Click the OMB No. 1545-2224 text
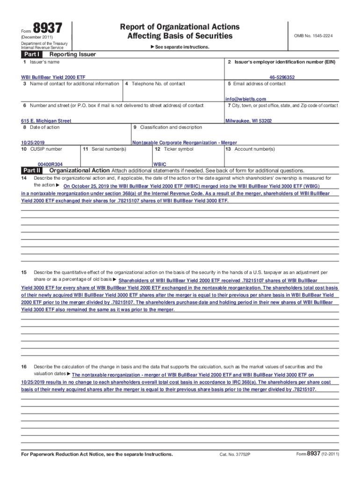[313, 36]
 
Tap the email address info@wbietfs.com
[245, 99]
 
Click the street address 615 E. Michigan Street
[46, 121]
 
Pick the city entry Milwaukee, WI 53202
[248, 121]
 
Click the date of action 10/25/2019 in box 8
[33, 143]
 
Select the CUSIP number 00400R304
[50, 165]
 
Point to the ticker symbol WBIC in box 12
[159, 165]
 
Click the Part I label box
[31, 54]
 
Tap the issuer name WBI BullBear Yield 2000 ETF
[53, 77]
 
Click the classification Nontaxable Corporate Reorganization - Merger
[185, 143]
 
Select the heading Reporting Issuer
[69, 54]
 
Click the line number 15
[24, 272]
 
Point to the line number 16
[24, 367]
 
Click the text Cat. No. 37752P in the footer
[235, 455]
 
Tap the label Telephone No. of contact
[158, 84]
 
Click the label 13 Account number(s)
[250, 149]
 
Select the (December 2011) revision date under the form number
[37, 37]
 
